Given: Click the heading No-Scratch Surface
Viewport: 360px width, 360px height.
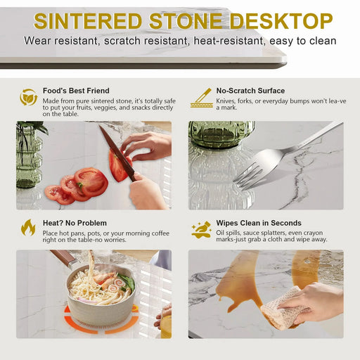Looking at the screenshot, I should pyautogui.click(x=250, y=91).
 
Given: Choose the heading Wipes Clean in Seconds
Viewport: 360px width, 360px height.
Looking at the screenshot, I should pyautogui.click(x=259, y=223).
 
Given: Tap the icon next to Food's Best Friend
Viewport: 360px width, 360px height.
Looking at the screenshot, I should pyautogui.click(x=29, y=96).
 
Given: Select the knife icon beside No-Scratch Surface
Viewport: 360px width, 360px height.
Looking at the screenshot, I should pyautogui.click(x=201, y=97).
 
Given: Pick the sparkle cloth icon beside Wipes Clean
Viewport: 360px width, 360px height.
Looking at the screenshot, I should pyautogui.click(x=201, y=229).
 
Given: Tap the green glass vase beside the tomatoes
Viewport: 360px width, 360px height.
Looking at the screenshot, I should pyautogui.click(x=28, y=156).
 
